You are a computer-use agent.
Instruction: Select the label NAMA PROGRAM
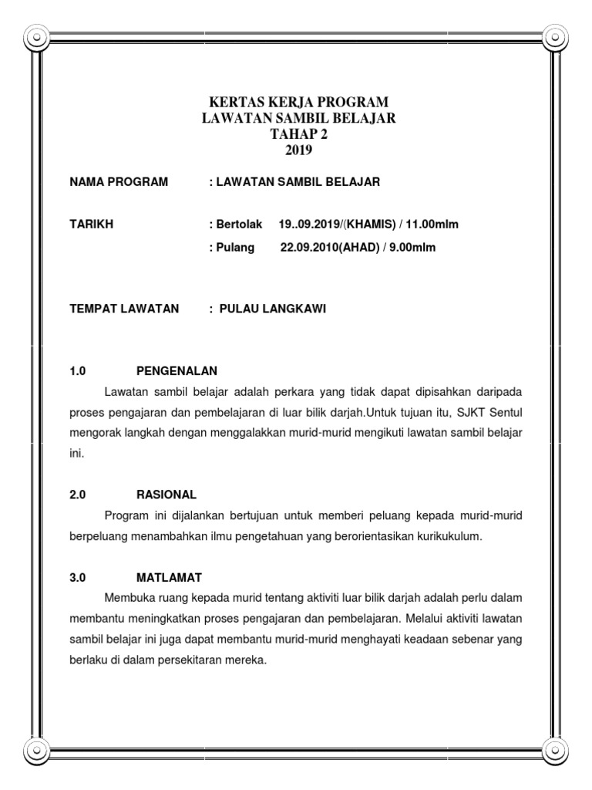[x=119, y=182]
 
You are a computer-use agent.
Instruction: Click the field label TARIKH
[x=91, y=225]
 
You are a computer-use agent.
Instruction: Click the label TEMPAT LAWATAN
[x=124, y=309]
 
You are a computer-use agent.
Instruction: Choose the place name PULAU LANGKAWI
[x=273, y=309]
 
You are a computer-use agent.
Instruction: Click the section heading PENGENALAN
[x=177, y=370]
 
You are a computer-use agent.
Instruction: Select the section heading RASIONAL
[x=166, y=494]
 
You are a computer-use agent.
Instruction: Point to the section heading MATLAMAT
[x=170, y=577]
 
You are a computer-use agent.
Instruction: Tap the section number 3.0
[x=78, y=577]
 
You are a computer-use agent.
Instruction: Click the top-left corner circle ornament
[x=36, y=36]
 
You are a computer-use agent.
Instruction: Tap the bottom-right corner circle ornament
[x=556, y=749]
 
